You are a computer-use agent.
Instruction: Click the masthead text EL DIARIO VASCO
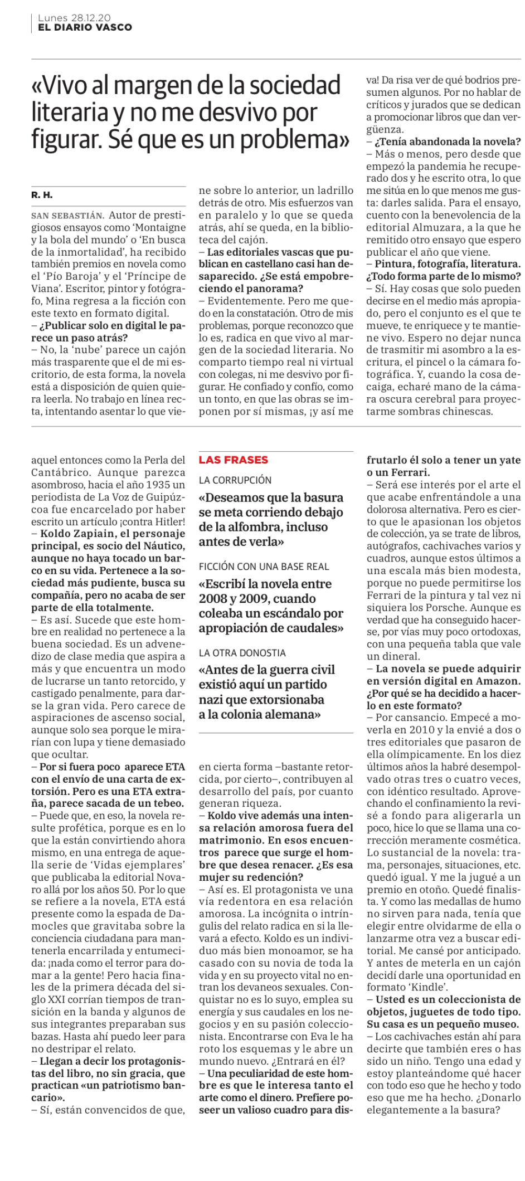[85, 27]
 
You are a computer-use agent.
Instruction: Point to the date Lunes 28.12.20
[74, 18]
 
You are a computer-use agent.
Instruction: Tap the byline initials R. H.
[42, 195]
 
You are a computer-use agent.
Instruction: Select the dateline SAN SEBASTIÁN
[67, 216]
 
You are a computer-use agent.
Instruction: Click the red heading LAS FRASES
[234, 460]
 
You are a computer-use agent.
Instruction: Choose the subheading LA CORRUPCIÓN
[235, 480]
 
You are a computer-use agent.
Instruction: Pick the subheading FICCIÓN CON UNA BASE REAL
[264, 567]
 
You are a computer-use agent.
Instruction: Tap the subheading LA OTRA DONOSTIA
[242, 652]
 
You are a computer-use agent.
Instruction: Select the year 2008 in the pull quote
[215, 599]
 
